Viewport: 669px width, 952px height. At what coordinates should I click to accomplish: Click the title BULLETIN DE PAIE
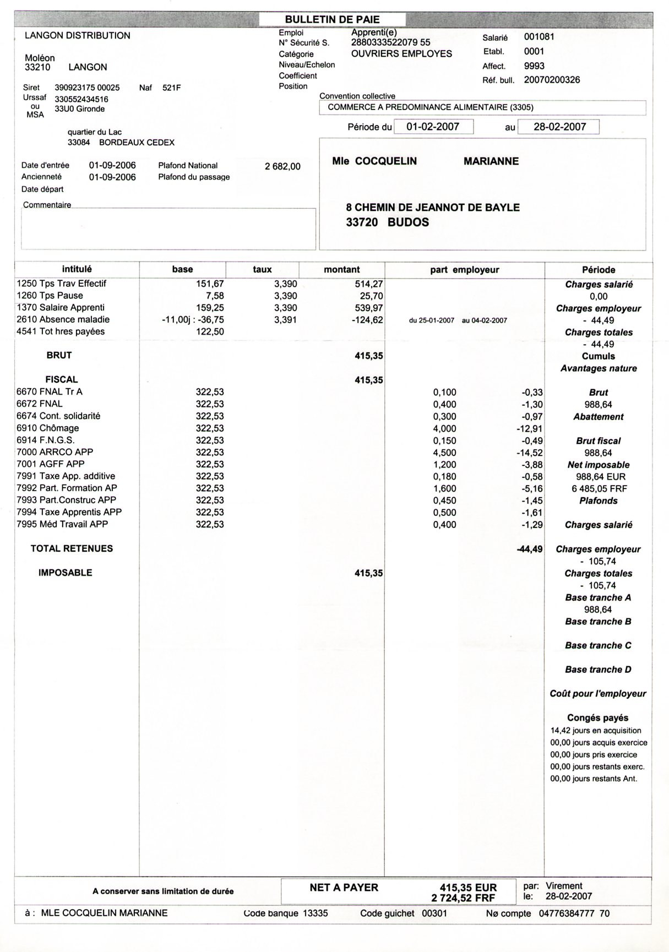tap(332, 19)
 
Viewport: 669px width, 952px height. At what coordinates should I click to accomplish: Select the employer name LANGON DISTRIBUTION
tap(78, 36)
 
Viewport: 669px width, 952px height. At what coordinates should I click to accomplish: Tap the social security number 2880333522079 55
tap(390, 42)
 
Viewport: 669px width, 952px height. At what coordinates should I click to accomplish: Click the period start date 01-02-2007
tap(433, 127)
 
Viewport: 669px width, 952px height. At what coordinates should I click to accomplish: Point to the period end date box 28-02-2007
tap(559, 127)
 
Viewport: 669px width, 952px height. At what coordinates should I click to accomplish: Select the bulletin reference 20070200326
tap(552, 80)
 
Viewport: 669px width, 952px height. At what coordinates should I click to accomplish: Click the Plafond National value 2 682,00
tap(282, 166)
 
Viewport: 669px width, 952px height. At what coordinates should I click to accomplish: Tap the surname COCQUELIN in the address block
tap(385, 161)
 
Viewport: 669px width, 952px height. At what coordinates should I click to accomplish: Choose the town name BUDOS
tap(408, 222)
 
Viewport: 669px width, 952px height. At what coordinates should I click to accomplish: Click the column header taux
tap(262, 269)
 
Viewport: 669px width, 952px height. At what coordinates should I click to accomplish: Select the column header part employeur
tap(464, 270)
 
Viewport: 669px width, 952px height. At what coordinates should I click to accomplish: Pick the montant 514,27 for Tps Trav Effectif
tap(369, 284)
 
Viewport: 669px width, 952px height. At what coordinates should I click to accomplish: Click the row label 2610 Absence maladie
tap(63, 319)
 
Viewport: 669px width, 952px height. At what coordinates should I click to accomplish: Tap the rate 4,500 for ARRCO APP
tap(444, 453)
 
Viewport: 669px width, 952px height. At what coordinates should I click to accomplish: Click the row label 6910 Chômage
tap(47, 428)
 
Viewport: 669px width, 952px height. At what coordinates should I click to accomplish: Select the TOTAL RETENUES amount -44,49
tap(529, 549)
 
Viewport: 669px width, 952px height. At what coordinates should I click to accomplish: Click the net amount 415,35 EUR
tap(468, 888)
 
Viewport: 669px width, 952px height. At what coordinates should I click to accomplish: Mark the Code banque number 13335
tap(316, 913)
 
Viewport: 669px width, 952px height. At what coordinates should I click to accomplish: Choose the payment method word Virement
tap(564, 886)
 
